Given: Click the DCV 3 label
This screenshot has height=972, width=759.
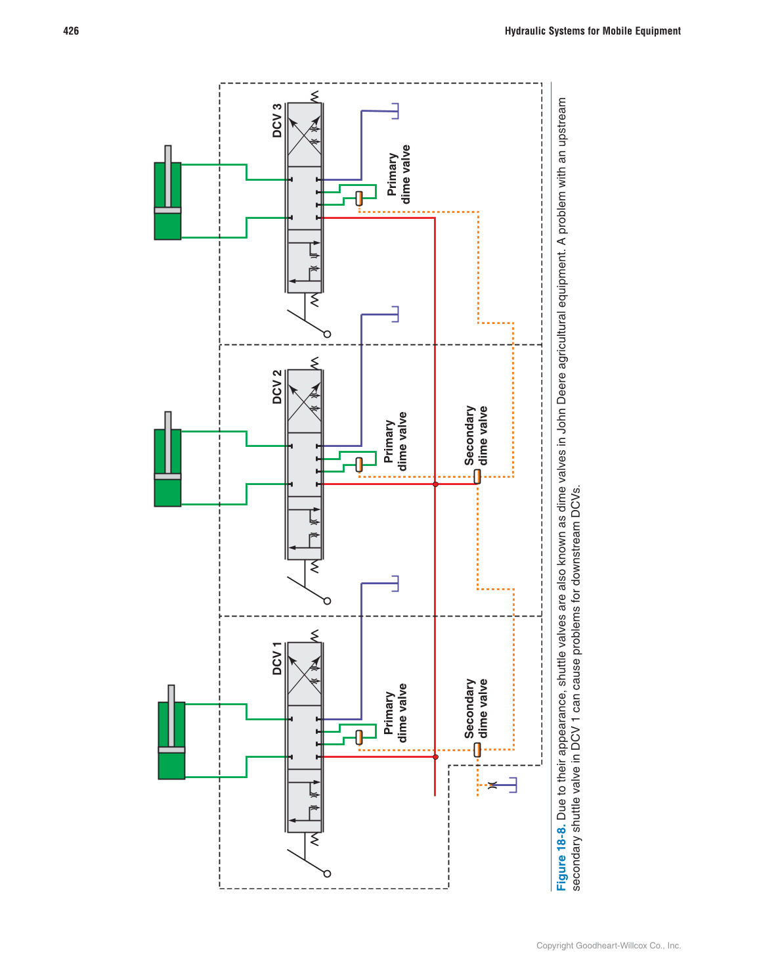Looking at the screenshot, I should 277,120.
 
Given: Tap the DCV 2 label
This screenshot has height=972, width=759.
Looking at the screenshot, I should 277,387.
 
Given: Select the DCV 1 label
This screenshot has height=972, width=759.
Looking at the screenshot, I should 277,659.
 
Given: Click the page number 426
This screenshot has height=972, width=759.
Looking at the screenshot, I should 71,31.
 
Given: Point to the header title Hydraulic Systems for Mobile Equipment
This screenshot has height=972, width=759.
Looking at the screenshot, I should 592,31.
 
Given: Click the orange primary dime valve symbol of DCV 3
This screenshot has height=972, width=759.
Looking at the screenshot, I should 359,198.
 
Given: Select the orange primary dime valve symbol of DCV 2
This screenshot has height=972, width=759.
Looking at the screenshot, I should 359,464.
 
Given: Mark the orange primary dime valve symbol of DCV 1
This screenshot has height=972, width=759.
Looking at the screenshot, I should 359,737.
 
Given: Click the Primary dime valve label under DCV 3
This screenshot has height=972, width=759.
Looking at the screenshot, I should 399,174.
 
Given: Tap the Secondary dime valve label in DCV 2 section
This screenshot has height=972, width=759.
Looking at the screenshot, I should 476,435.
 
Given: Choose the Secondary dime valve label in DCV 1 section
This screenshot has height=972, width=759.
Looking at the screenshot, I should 476,708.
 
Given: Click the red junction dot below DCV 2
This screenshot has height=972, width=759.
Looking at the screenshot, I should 435,484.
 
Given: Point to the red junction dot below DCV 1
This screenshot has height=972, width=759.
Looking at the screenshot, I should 435,757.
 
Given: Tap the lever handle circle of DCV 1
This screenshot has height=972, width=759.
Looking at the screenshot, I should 328,873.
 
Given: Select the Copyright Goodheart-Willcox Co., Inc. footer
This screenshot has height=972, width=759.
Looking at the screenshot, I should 609,946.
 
